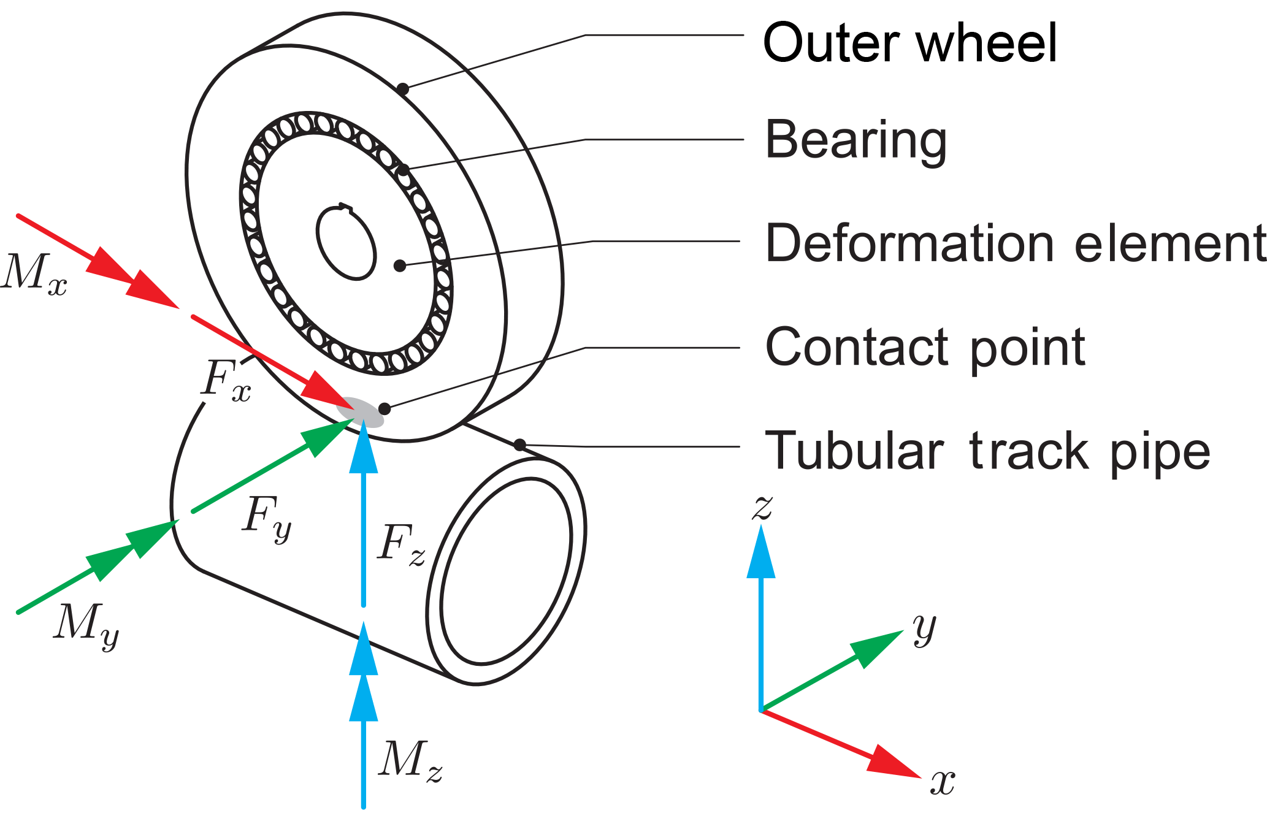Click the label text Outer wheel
[x=909, y=43]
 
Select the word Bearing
[x=856, y=140]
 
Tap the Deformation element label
[x=1015, y=243]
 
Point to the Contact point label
[x=925, y=348]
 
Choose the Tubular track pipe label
[x=987, y=451]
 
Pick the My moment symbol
[x=86, y=625]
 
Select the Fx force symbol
[x=226, y=380]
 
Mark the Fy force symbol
[x=267, y=518]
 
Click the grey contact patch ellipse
[x=360, y=411]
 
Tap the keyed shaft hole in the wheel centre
[x=346, y=243]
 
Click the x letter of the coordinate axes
[x=943, y=782]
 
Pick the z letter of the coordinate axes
[x=762, y=508]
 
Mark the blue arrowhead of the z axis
[x=761, y=552]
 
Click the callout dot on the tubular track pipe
[x=519, y=445]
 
